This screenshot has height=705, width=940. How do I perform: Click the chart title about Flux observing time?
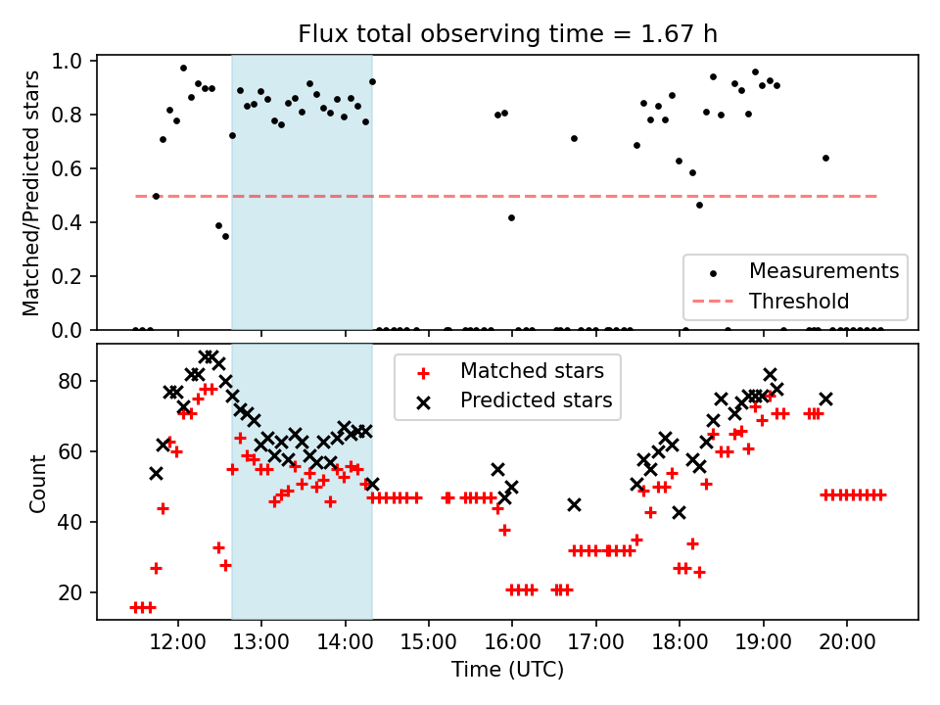pos(507,34)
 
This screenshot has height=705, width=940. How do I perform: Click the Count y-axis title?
pos(38,483)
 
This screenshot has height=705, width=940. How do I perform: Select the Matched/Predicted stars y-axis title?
pos(31,193)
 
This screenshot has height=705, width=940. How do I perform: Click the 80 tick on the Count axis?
pos(78,381)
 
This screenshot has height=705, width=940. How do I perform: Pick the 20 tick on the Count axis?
pos(78,592)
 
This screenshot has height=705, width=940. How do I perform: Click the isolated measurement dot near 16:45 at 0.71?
pos(574,138)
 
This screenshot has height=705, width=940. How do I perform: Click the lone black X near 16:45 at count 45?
pos(574,504)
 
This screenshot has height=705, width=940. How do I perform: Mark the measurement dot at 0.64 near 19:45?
pos(825,158)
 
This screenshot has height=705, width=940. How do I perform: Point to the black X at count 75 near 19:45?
pos(825,399)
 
